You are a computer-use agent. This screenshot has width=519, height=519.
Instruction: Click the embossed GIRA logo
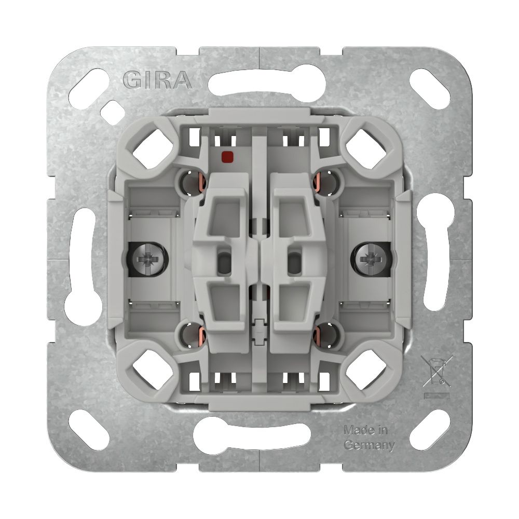(157, 80)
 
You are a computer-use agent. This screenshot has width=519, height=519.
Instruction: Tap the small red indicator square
(227, 155)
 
